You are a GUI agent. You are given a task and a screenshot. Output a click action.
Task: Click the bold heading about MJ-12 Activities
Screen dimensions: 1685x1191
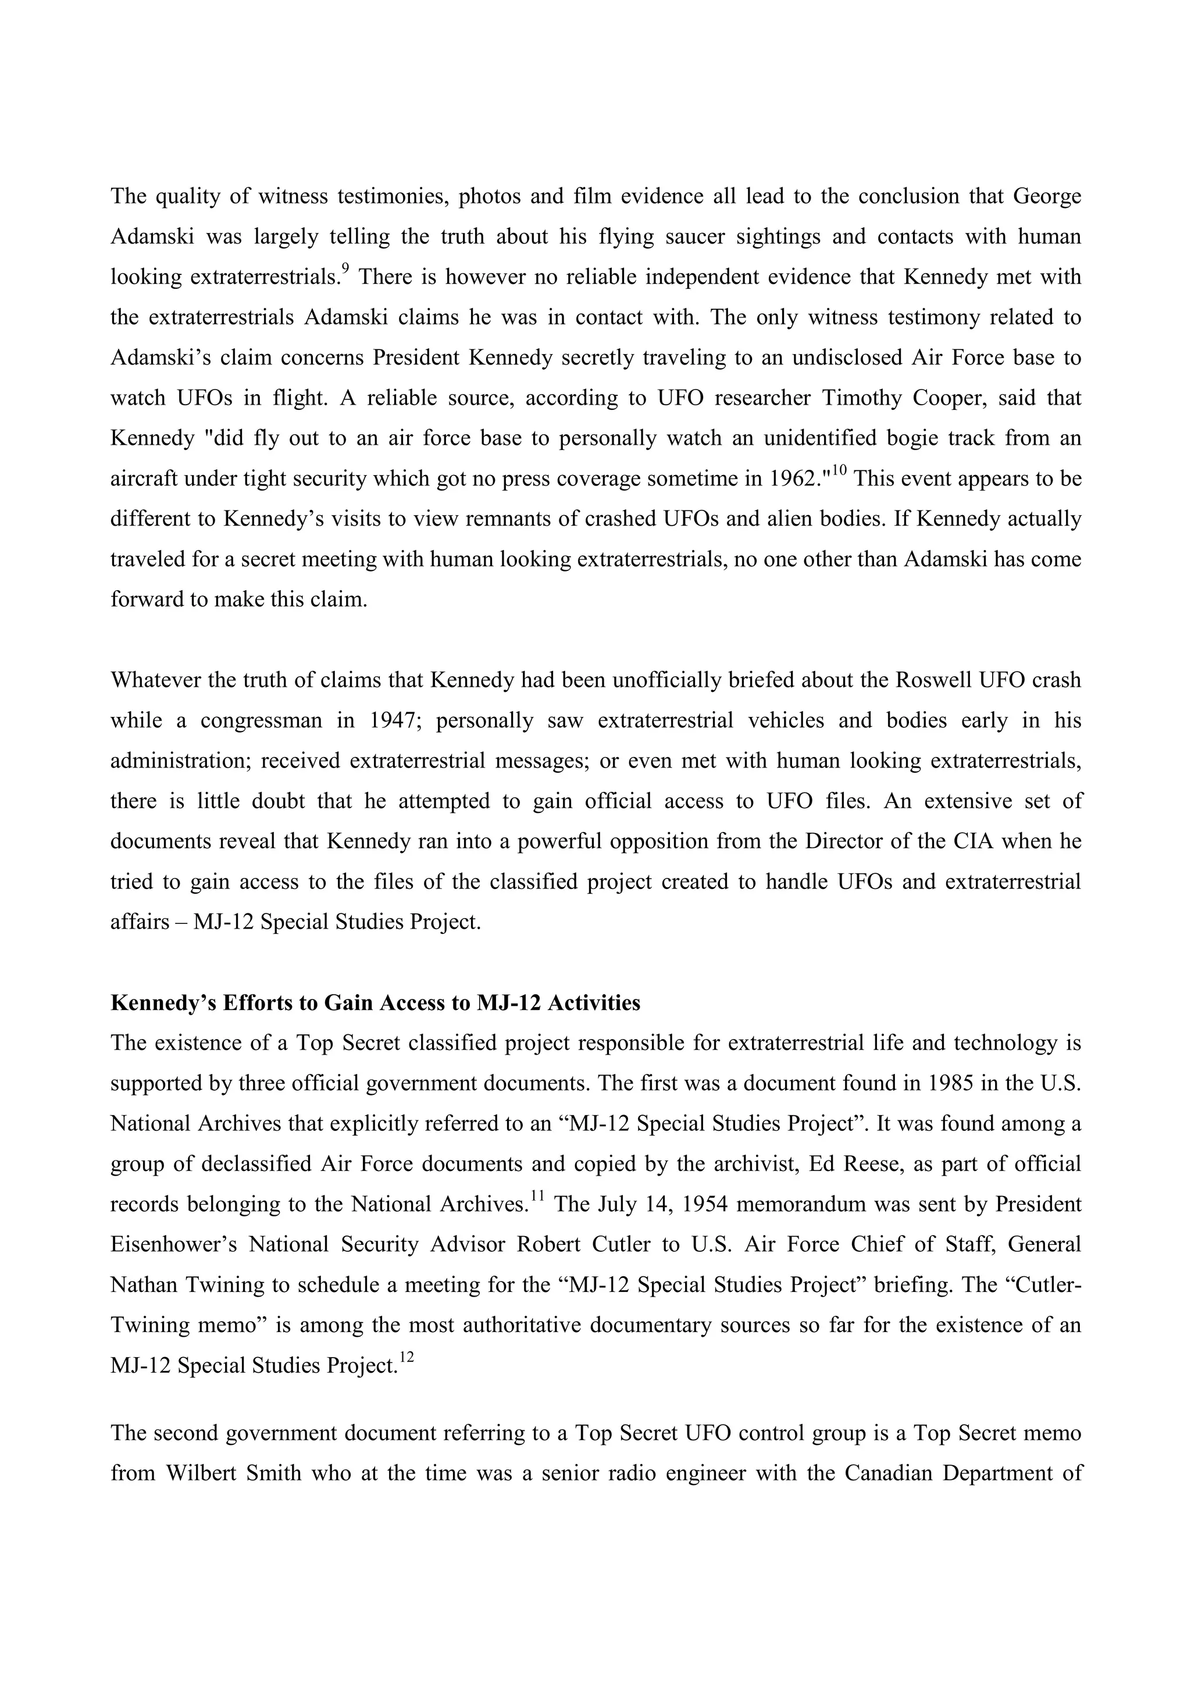pos(375,1002)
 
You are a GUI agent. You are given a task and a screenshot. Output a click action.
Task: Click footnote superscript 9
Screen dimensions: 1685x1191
pos(345,269)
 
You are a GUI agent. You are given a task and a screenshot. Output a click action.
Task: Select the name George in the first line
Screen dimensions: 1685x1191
pos(1047,197)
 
